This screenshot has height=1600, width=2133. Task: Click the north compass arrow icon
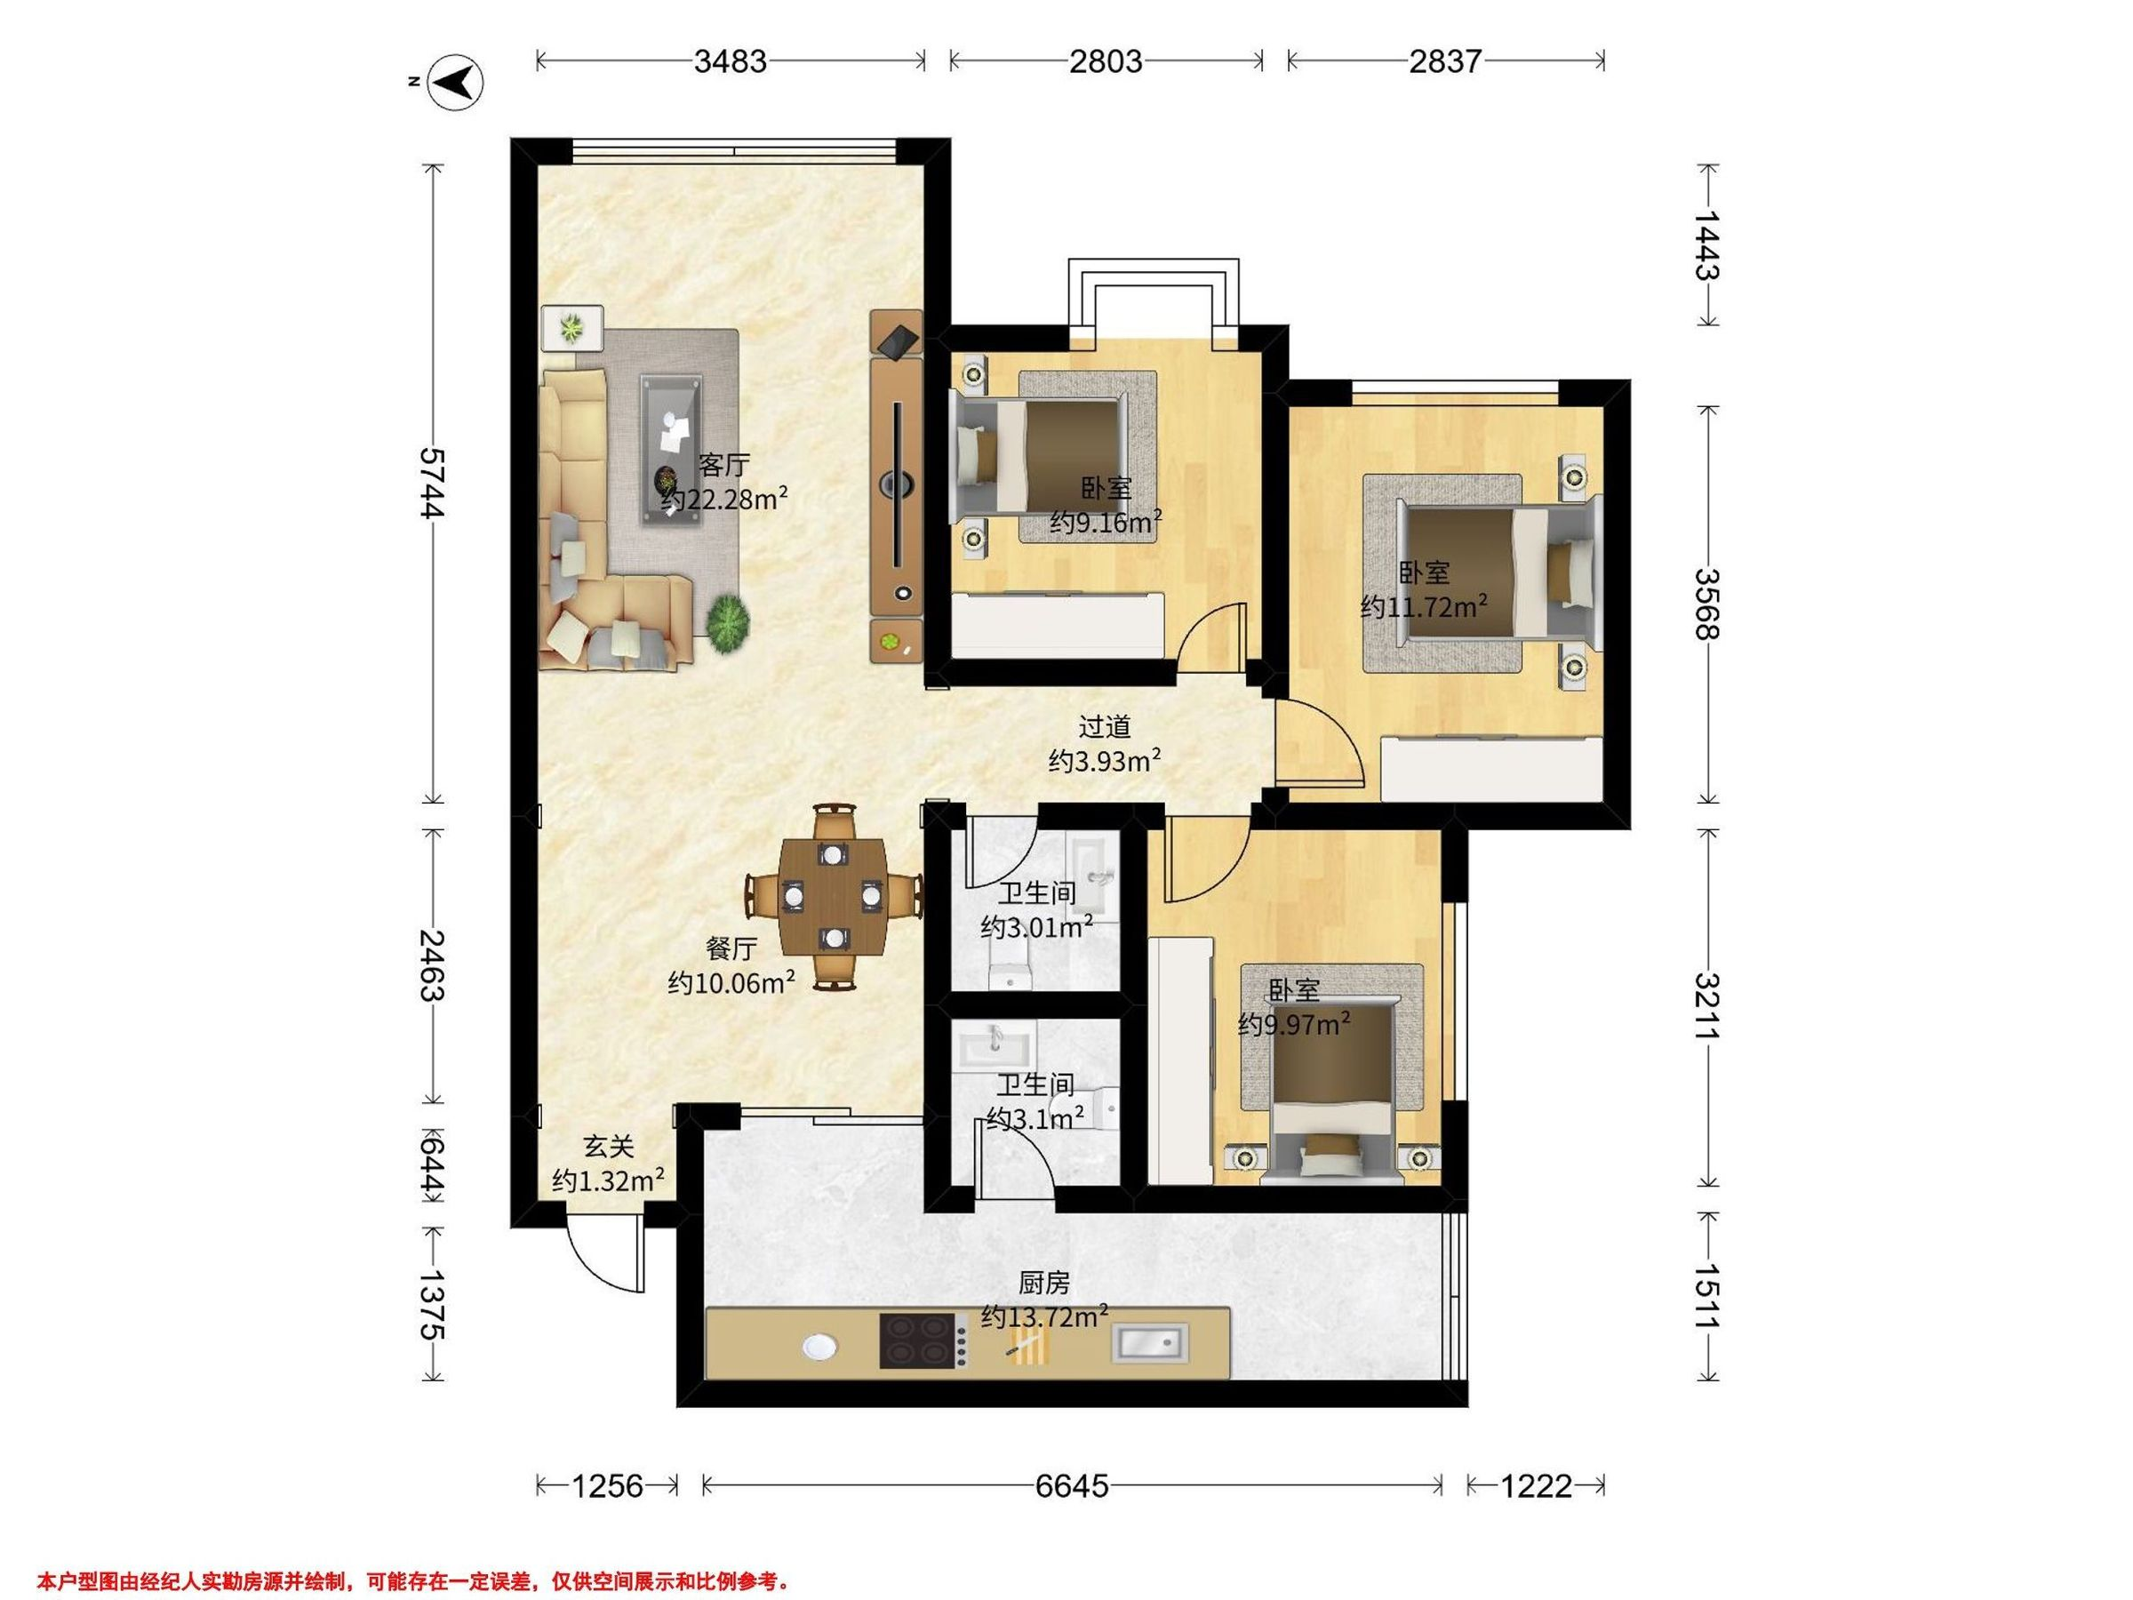[x=455, y=82]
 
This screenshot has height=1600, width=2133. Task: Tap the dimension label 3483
[x=730, y=61]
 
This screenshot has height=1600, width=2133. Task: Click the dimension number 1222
[x=1536, y=1486]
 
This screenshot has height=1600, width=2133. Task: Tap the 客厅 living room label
[x=723, y=465]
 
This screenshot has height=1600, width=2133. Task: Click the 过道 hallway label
[x=1104, y=726]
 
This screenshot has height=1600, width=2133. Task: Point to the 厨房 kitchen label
[x=1044, y=1283]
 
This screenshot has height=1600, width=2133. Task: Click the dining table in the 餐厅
[x=833, y=895]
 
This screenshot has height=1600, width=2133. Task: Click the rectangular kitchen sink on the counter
[x=1150, y=1342]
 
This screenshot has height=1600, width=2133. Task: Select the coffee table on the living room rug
[x=672, y=451]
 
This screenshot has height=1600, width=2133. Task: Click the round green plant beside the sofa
[x=728, y=624]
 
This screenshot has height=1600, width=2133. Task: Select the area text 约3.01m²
[x=1036, y=927]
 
